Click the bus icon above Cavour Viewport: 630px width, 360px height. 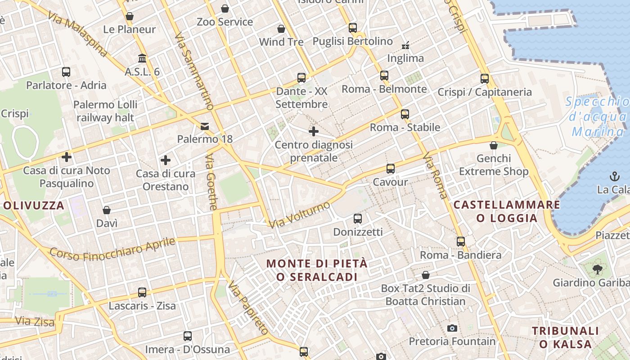[x=391, y=169]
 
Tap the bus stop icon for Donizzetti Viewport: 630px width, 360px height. [x=358, y=219]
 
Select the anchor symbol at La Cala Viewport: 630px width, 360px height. [x=614, y=176]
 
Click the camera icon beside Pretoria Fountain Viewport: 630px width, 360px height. [x=452, y=328]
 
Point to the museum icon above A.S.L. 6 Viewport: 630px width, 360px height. [x=143, y=58]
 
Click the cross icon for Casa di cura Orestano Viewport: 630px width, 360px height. [x=166, y=160]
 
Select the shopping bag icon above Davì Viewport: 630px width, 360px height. [x=107, y=210]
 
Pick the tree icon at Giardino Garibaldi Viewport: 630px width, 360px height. [x=598, y=270]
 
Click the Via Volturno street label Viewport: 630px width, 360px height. [x=300, y=214]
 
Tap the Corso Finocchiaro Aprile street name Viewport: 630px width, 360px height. [x=112, y=248]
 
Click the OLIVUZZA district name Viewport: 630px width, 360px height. [x=34, y=206]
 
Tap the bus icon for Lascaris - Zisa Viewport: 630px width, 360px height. [x=142, y=292]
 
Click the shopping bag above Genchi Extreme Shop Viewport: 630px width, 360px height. [x=494, y=145]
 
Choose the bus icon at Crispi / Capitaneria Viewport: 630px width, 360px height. [x=485, y=79]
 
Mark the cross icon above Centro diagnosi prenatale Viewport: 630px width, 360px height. [x=314, y=131]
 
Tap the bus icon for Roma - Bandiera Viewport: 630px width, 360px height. [x=461, y=242]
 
